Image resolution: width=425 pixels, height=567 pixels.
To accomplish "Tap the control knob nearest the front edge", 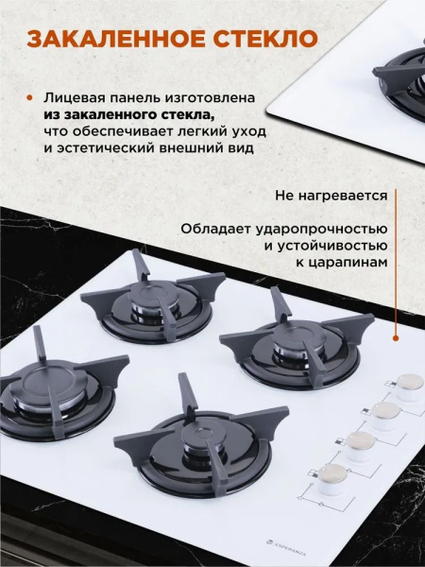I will [x=332, y=476].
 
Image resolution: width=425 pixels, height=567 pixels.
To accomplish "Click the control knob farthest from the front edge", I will [x=410, y=387].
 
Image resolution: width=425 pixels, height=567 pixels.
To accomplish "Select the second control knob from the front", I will [x=360, y=444].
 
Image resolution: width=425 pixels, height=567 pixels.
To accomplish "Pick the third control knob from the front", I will [x=385, y=414].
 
